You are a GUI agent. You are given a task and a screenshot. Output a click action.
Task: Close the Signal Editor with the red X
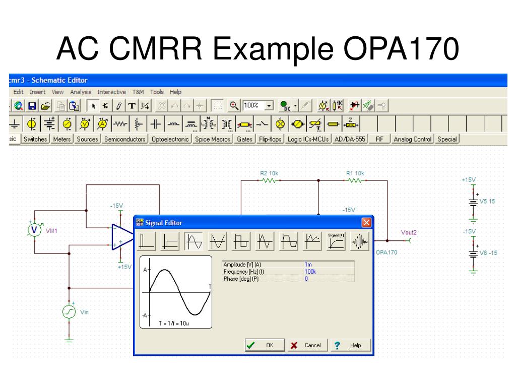366,223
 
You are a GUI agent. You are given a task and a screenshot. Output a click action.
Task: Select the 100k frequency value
310,272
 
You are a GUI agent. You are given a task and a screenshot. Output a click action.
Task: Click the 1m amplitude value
308,264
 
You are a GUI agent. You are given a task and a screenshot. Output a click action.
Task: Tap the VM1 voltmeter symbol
34,230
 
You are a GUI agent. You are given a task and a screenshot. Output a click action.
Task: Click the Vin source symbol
69,312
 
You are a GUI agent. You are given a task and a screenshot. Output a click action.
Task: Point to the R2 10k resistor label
269,173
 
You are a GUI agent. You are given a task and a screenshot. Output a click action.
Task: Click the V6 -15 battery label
488,253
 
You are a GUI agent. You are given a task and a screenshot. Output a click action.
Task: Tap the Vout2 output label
409,232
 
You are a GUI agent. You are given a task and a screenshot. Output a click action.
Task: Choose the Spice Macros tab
212,140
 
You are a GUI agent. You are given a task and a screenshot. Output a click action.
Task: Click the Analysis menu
80,92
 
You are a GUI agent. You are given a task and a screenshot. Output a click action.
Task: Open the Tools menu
157,92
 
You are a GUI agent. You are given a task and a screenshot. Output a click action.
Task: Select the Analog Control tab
413,140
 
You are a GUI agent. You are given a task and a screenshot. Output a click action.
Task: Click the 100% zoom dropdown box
257,105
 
